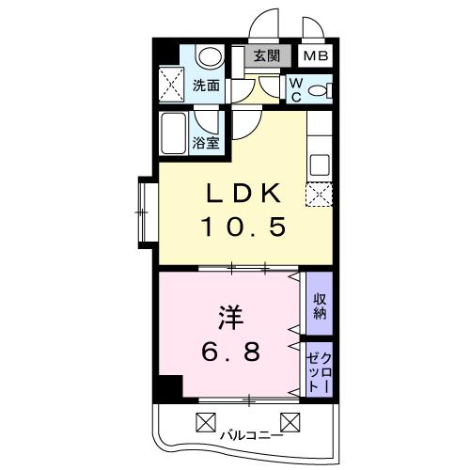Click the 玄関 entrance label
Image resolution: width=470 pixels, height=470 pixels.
[266, 56]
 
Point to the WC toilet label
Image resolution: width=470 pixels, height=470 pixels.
[295, 88]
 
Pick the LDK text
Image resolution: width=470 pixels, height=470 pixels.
[243, 194]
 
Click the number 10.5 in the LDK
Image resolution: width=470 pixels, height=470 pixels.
[243, 227]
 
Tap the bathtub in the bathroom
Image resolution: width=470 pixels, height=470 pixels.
[176, 133]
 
